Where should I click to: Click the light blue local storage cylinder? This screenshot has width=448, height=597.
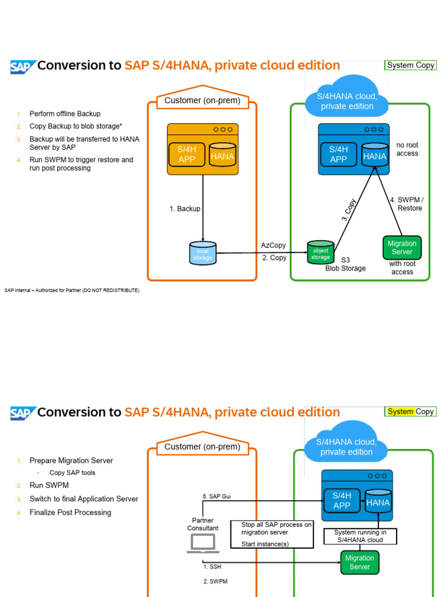(202, 254)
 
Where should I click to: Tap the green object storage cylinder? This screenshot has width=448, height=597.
(320, 252)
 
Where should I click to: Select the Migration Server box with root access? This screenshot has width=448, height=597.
(402, 248)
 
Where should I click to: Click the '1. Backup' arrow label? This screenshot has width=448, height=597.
(185, 209)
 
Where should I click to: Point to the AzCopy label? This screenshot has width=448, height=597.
(274, 245)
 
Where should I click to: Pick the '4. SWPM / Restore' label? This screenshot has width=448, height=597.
(407, 204)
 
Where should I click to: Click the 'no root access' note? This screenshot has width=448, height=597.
(407, 149)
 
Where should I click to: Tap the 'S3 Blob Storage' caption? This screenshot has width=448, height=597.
(345, 264)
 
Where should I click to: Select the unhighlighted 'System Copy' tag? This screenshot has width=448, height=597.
(410, 65)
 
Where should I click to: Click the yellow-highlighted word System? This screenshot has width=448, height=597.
(400, 412)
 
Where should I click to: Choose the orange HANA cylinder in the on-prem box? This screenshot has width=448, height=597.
(222, 156)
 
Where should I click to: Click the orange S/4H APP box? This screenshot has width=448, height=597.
(187, 154)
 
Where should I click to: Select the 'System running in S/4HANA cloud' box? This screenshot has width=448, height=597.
(360, 536)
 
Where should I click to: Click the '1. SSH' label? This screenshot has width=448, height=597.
(212, 566)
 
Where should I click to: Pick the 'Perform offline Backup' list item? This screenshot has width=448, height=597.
(65, 114)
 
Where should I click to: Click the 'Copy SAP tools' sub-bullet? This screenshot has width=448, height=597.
(72, 473)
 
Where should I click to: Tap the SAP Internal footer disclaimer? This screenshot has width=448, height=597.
(72, 290)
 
